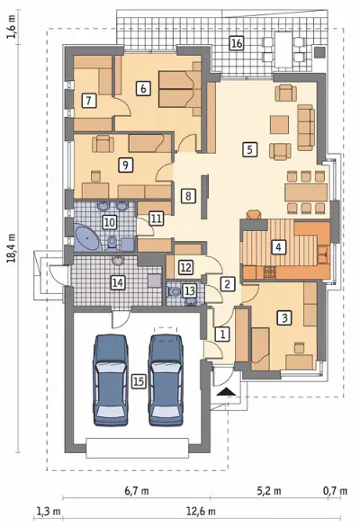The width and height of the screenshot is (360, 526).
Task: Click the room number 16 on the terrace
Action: coord(237,44)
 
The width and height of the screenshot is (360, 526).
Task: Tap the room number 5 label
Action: coord(249,149)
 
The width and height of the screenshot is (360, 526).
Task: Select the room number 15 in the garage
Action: coord(139,381)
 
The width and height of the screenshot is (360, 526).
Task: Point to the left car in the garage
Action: coord(112,380)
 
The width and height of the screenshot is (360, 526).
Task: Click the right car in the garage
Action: coord(166,380)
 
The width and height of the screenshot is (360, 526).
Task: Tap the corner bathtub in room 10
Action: coord(86,238)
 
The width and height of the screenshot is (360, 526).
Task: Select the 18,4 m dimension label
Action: coord(12,248)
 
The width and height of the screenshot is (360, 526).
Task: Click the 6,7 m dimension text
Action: coord(137,491)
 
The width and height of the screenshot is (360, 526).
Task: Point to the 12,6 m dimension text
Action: coord(202,512)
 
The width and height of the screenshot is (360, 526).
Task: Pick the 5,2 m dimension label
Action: coord(269,491)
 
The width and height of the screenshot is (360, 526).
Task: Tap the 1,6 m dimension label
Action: coord(12,28)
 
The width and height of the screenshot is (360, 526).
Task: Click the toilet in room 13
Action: coord(174,291)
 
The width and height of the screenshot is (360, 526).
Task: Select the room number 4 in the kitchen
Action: coord(278,247)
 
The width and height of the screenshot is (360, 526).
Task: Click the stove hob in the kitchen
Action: coord(270,271)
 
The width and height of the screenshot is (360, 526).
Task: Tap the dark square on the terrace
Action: coord(319,53)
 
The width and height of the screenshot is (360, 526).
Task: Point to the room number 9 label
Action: coord(126,165)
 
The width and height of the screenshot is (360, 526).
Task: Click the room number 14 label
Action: coord(118,282)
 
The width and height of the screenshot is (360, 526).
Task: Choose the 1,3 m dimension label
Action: coord(49,512)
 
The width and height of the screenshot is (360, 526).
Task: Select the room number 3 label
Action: coord(284,317)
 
